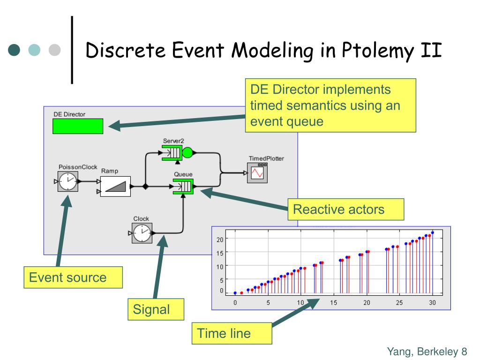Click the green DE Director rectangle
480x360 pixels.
coord(78,126)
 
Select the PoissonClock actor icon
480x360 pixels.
coord(67,181)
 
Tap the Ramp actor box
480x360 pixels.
coord(115,186)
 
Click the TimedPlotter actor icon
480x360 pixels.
coord(257,173)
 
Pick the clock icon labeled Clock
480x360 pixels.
coord(142,232)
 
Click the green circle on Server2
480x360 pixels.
coord(187,152)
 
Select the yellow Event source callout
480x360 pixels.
coord(73,277)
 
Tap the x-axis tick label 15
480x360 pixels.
coord(333,303)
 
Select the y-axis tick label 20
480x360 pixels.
coord(220,239)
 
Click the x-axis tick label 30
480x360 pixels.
coord(432,303)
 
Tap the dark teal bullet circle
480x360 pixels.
coord(15,50)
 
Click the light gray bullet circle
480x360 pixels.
coord(56,50)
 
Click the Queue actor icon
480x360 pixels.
coord(182,187)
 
